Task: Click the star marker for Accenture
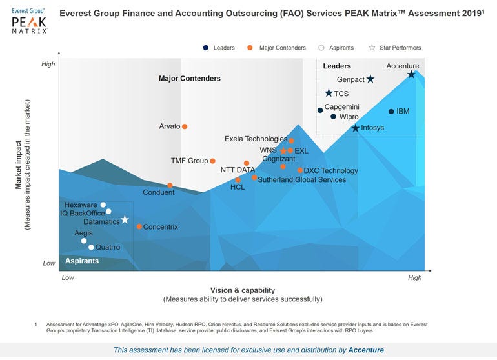click(411, 75)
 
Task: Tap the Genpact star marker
click(370, 79)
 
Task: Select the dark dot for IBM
click(391, 112)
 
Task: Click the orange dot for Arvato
click(185, 126)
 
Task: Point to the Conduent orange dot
click(170, 186)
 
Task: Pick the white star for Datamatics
click(125, 220)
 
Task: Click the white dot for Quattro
click(91, 247)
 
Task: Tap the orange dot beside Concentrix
click(139, 226)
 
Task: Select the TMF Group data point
click(212, 161)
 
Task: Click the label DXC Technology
click(330, 171)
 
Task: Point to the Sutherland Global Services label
click(301, 180)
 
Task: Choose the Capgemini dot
click(320, 110)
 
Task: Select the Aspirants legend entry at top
click(338, 48)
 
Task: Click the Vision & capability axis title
click(243, 290)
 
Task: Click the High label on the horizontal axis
click(414, 278)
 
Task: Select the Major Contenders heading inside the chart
click(190, 79)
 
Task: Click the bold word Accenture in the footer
click(365, 350)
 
